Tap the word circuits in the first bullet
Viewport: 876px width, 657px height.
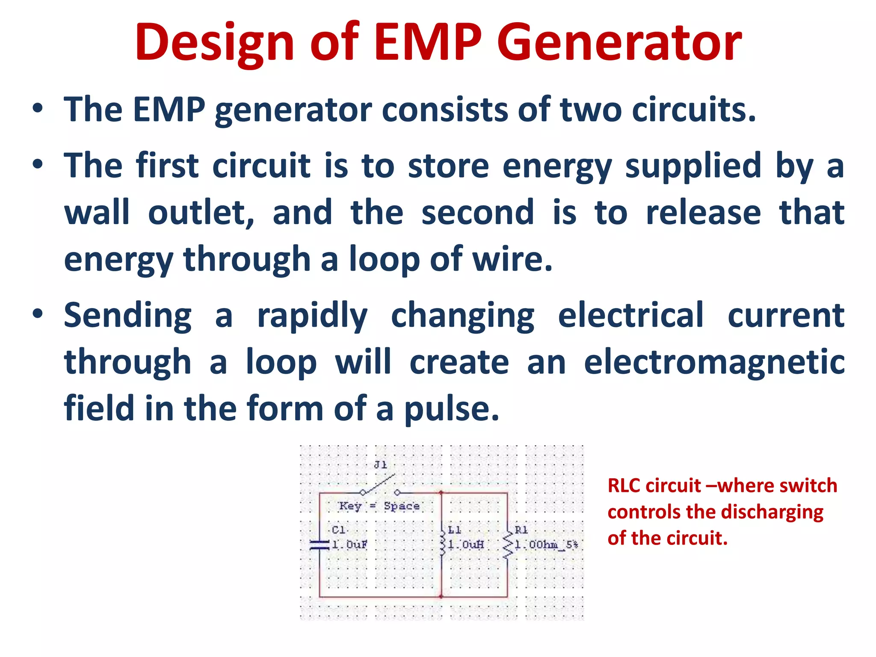(693, 110)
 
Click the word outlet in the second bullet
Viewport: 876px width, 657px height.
(201, 213)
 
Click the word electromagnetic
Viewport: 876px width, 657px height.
(714, 362)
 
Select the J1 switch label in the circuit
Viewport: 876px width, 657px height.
(380, 465)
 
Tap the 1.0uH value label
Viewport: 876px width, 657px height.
(466, 545)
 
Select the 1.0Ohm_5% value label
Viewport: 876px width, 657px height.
(546, 545)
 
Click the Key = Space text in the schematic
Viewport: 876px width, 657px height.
(379, 506)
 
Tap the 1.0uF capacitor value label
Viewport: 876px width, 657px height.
(349, 545)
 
